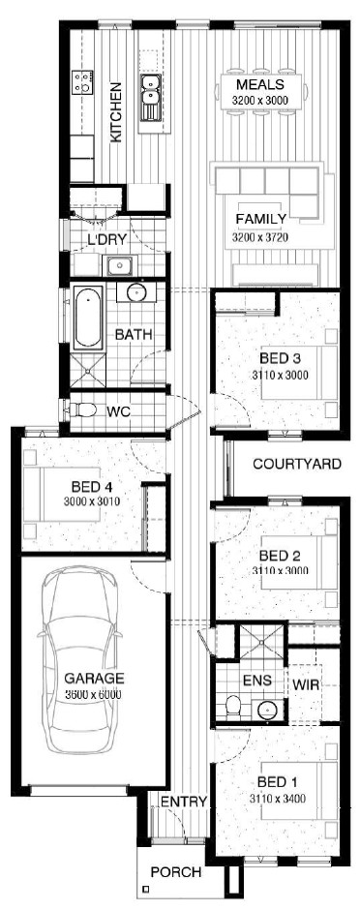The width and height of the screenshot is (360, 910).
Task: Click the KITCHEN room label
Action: (x=116, y=111)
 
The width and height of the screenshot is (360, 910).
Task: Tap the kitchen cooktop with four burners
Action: (x=83, y=82)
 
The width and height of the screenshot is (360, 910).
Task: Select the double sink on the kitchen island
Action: (x=150, y=97)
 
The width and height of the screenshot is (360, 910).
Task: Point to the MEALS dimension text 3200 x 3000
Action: (x=259, y=100)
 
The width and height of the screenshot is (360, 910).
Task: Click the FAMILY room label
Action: (x=261, y=220)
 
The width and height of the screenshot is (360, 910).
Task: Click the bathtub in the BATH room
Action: (x=88, y=318)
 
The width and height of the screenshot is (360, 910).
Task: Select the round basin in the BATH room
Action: (x=136, y=292)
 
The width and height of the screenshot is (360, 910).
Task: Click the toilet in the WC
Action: (x=81, y=410)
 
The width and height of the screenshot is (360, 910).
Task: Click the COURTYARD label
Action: (x=297, y=464)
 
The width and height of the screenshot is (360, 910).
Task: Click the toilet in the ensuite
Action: (x=233, y=705)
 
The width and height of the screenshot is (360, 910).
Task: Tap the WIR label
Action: (x=306, y=684)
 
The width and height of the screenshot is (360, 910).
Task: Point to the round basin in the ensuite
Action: (x=267, y=710)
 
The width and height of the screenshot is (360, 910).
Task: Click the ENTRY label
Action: (x=184, y=802)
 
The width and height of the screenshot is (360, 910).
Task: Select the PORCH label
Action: (x=176, y=871)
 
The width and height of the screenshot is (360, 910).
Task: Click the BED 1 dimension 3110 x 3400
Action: (x=278, y=799)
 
